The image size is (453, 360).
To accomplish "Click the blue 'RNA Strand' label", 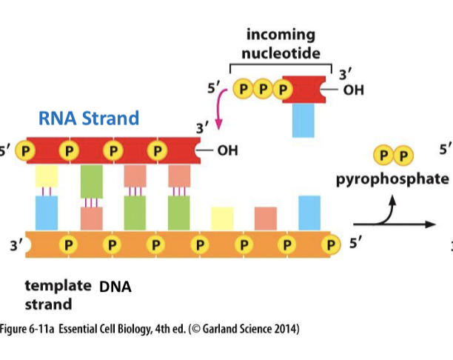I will pos(89,118).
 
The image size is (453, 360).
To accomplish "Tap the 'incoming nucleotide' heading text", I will pos(280,44).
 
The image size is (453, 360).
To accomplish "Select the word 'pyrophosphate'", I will pos(392,179).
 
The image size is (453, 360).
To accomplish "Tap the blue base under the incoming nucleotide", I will pos(303,120).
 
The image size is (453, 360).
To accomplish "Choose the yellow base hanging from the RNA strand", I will pos(47,176).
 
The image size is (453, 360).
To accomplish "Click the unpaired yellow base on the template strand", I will pos(222,219).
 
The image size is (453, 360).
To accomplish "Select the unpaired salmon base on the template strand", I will pos(266,219).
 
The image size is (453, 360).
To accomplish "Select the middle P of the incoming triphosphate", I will pos(262,90).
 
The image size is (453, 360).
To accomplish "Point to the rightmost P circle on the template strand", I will pos(332,243).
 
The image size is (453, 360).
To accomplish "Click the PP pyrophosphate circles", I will pos(394,156).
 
